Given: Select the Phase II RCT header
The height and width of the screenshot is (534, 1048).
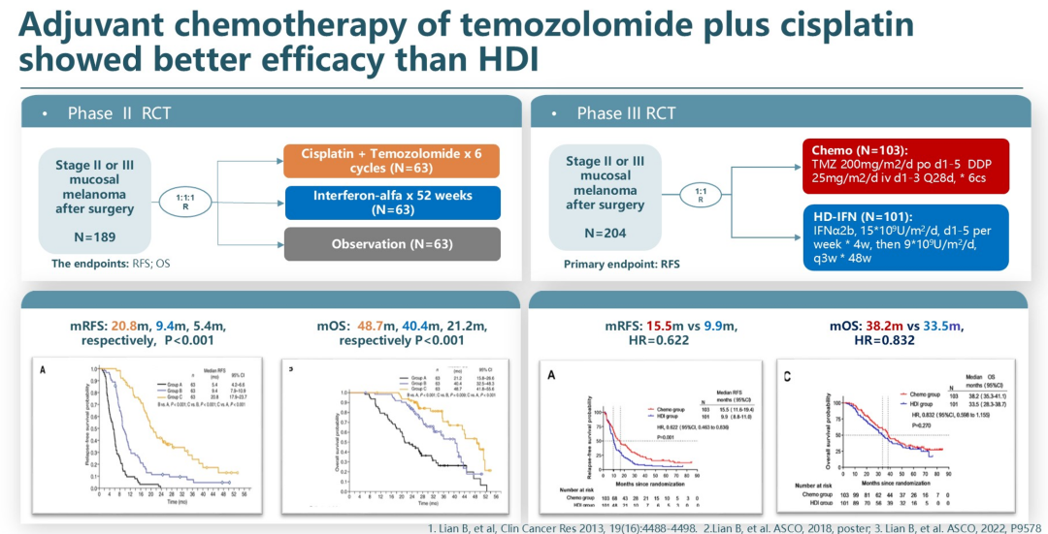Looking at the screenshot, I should tap(119, 113).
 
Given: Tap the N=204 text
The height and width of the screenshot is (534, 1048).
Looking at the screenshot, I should tap(606, 233).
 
